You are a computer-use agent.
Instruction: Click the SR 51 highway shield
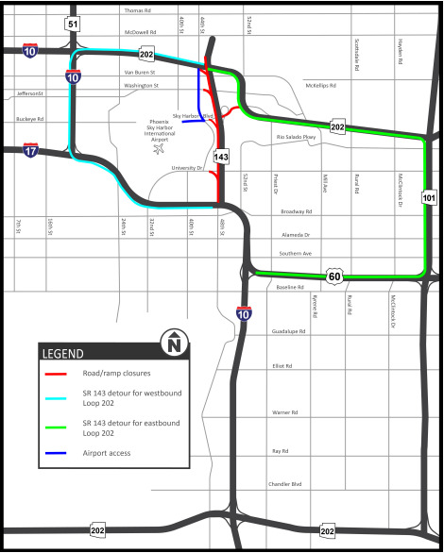pyautogui.click(x=74, y=23)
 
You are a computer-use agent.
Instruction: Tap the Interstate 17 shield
pyautogui.click(x=31, y=149)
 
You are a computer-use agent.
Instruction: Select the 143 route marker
pyautogui.click(x=221, y=157)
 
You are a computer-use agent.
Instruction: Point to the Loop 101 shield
pyautogui.click(x=429, y=197)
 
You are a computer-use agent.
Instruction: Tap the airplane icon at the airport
pyautogui.click(x=161, y=147)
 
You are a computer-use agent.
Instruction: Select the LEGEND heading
pyautogui.click(x=63, y=354)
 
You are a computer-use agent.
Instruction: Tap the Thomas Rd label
pyautogui.click(x=137, y=11)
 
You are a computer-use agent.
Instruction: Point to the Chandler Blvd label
pyautogui.click(x=283, y=484)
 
